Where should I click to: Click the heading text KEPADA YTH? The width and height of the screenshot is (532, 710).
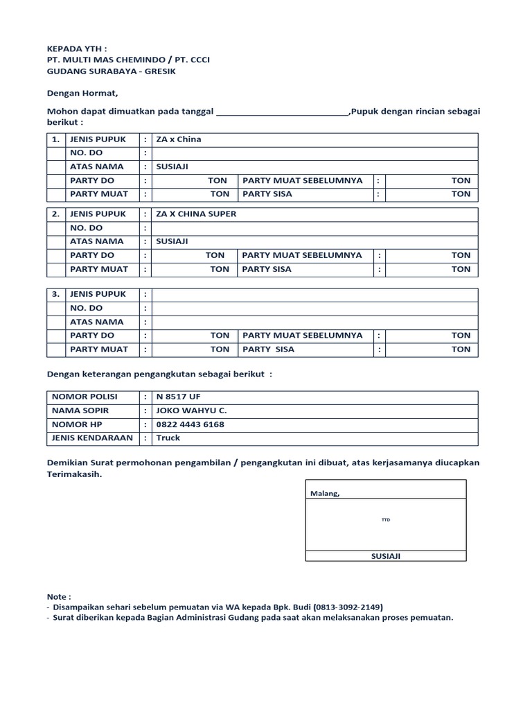pos(76,49)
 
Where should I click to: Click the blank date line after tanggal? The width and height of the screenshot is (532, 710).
pos(283,111)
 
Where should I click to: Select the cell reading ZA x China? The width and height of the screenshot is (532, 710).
pos(179,139)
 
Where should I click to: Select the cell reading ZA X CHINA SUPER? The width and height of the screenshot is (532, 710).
pos(196,214)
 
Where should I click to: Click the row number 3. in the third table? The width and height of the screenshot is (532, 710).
pos(56,295)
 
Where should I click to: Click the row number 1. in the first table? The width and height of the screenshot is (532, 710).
pos(56,139)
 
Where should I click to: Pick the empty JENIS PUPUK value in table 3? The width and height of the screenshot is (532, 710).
pos(314,295)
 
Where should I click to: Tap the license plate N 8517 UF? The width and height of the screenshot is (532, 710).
pos(179,397)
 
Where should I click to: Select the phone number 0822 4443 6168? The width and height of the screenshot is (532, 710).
pos(190,424)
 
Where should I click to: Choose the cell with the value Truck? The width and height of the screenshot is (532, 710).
pos(168,438)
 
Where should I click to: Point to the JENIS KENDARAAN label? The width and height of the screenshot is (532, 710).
pos(92,438)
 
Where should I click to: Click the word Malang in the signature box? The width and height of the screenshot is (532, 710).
pos(325,494)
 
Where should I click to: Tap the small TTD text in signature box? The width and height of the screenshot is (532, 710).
pos(386,519)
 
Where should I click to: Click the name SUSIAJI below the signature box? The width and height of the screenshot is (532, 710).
pos(386,556)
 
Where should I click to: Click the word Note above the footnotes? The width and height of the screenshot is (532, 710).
pos(58,596)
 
